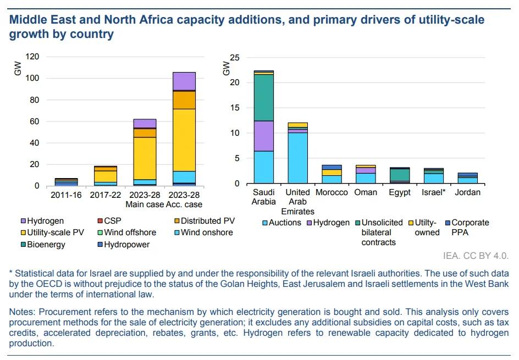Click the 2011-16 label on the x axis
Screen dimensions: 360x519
click(67, 196)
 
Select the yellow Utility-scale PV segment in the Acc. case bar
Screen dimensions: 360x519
click(184, 140)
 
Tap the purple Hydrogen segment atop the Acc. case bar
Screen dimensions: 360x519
click(184, 81)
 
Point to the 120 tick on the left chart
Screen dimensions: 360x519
click(33, 57)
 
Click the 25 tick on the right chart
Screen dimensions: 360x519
click(235, 58)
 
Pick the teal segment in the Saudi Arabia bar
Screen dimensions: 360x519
click(264, 97)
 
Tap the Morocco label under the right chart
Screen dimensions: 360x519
click(332, 193)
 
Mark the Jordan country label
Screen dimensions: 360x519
click(468, 193)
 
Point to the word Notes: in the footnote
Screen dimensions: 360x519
click(23, 312)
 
